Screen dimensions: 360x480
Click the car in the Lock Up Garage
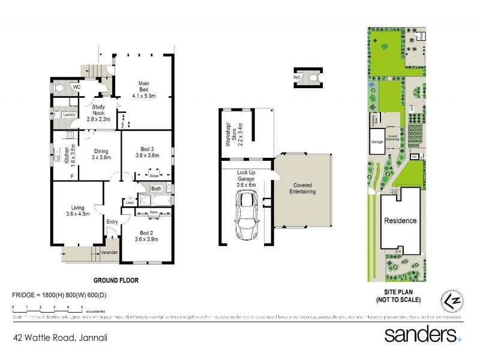tap(247, 214)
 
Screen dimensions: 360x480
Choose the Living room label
tap(77, 210)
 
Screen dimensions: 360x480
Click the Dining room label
tap(101, 154)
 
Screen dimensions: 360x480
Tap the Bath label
tap(156, 190)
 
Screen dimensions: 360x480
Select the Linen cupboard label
tap(129, 203)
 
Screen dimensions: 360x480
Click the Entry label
tap(112, 222)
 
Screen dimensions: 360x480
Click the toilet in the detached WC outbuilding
tap(313, 78)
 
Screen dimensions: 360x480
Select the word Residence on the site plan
tap(400, 221)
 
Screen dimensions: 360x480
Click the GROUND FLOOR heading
tap(116, 280)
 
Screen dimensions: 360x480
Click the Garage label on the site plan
tap(377, 142)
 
